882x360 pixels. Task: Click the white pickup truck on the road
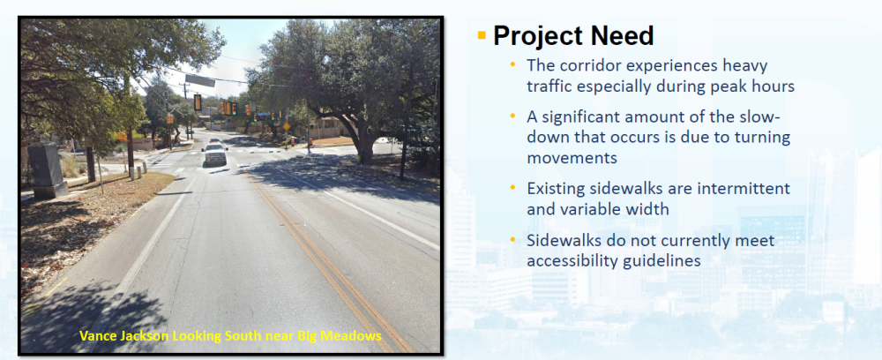point(215,154)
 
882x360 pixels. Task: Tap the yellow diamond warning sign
point(287,126)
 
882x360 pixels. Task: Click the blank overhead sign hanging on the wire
point(199,80)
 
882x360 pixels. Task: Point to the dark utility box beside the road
point(48,169)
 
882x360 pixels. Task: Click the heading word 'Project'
point(537,35)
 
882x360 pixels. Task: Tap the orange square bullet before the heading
point(482,35)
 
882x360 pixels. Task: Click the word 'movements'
point(572,158)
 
